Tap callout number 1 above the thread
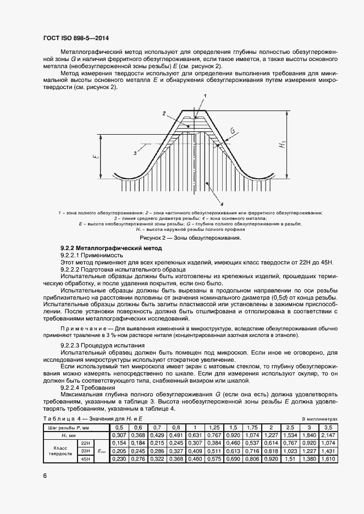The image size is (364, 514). pyautogui.click(x=204, y=96)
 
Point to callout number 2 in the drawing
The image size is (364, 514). pyautogui.click(x=164, y=113)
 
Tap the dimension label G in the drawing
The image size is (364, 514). pyautogui.click(x=233, y=131)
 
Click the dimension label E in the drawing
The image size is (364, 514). pyautogui.click(x=96, y=157)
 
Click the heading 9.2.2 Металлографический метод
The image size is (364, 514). pyautogui.click(x=107, y=249)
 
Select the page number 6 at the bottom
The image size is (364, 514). pyautogui.click(x=46, y=476)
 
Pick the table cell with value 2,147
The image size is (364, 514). pyautogui.click(x=328, y=435)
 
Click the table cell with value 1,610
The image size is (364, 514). pyautogui.click(x=328, y=458)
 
